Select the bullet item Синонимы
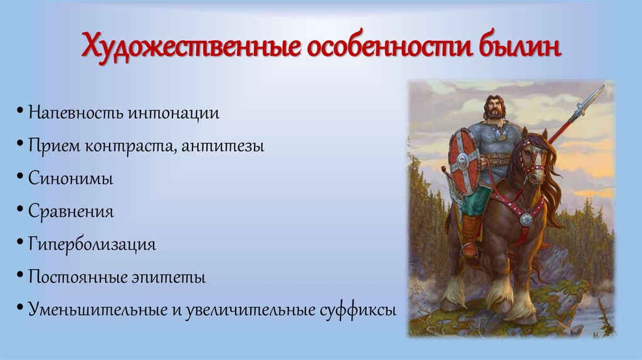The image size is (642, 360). pyautogui.click(x=70, y=179)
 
